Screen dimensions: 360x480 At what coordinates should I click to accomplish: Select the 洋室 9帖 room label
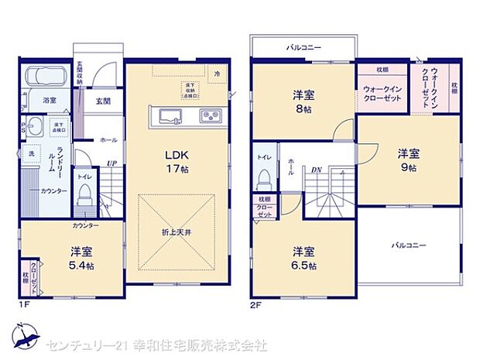pyautogui.click(x=408, y=159)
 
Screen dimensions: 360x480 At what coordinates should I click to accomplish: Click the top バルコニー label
pyautogui.click(x=303, y=48)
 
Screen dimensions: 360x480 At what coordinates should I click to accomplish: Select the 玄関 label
pyautogui.click(x=103, y=101)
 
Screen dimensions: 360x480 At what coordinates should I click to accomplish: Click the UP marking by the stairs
pyautogui.click(x=112, y=163)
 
